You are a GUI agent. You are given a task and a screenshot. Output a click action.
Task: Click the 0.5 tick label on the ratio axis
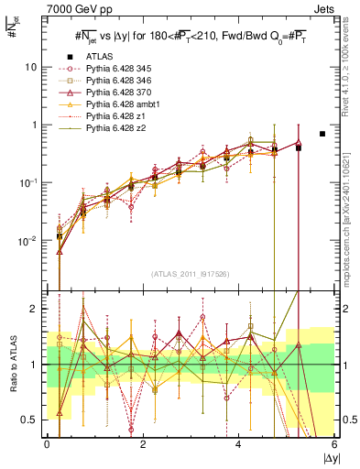(32, 420)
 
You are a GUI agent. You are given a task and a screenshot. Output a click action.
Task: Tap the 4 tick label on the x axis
(238, 444)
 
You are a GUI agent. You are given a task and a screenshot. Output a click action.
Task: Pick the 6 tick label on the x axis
(334, 444)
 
